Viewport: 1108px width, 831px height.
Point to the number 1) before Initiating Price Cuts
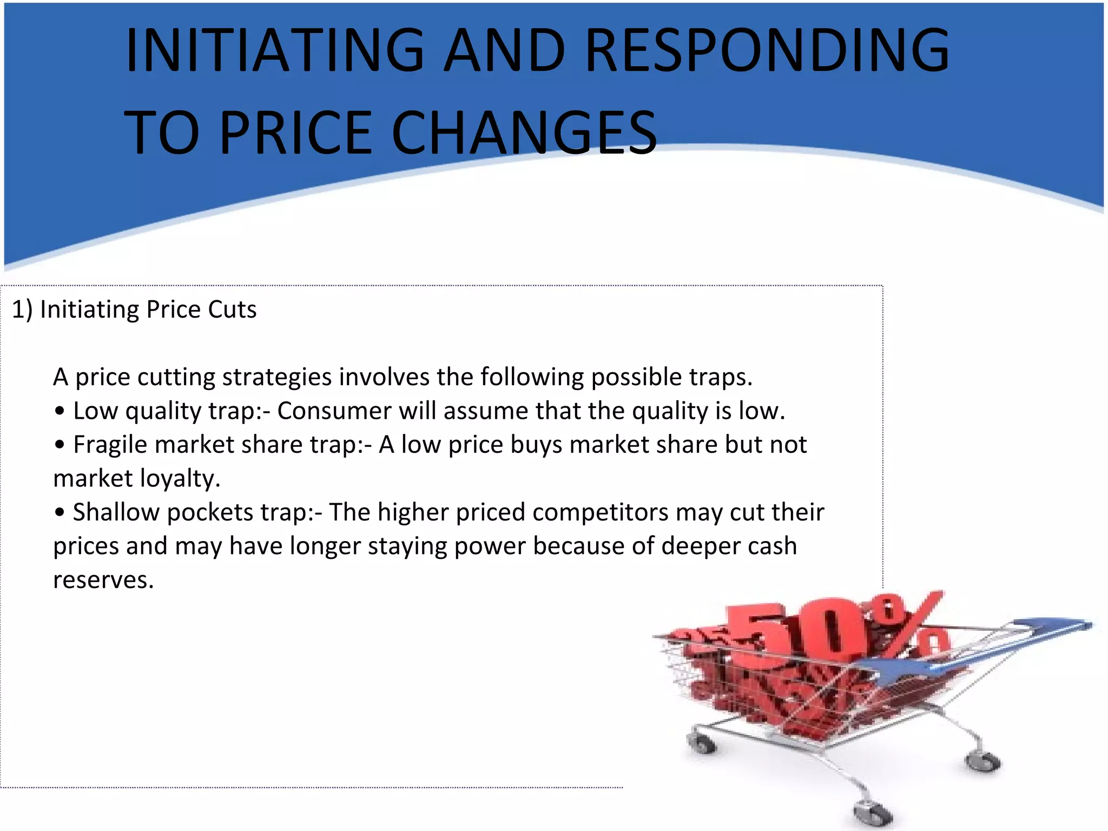point(22,310)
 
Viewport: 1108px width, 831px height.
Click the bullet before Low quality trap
point(60,411)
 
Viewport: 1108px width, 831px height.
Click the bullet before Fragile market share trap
point(60,445)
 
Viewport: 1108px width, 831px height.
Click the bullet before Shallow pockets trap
point(60,512)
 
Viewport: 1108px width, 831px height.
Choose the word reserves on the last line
point(102,581)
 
